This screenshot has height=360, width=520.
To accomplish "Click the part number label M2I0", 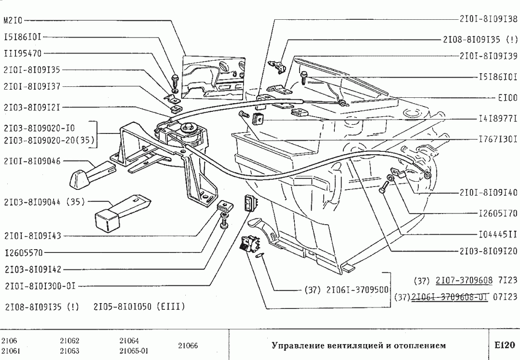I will (x=13, y=21).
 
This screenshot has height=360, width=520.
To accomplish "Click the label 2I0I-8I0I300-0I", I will (x=40, y=286).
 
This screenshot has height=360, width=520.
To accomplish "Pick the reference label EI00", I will (x=507, y=97).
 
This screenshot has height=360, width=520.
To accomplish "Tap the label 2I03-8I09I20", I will (x=488, y=251).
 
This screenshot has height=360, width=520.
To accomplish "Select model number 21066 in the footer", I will (x=188, y=346).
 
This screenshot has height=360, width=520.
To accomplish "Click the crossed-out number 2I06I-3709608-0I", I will (x=450, y=296).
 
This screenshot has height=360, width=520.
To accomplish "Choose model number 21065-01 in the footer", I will (x=134, y=351).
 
